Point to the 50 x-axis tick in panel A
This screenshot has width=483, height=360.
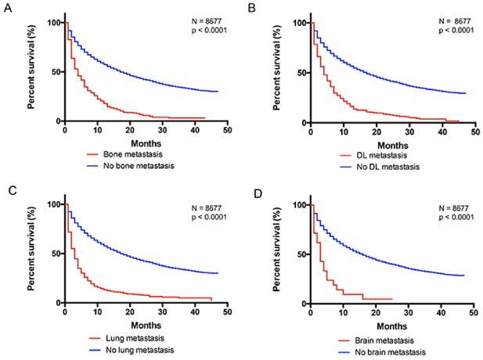click(225, 131)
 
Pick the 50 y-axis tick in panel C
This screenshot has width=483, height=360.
click(53, 254)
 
